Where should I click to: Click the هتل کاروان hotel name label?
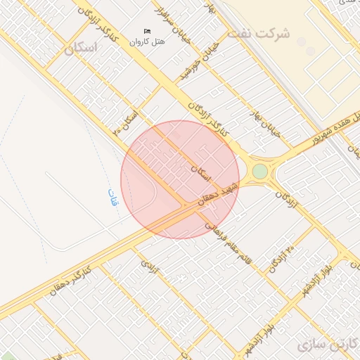(x=147, y=41)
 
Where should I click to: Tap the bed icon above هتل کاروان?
(x=147, y=31)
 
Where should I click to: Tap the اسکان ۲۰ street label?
(x=127, y=122)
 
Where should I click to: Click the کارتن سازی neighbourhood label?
(x=328, y=345)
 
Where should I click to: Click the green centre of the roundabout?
(x=260, y=171)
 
